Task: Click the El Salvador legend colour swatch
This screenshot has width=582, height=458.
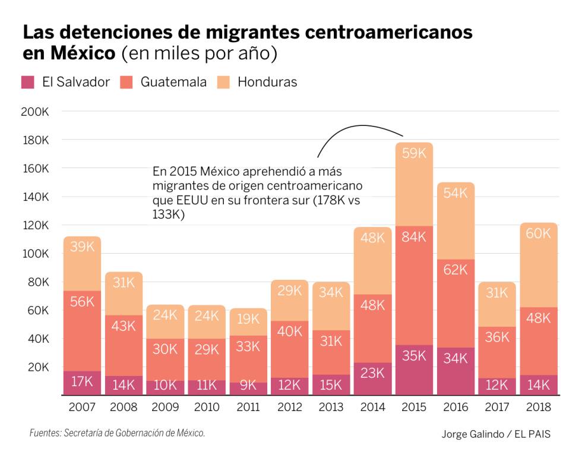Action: click(x=28, y=83)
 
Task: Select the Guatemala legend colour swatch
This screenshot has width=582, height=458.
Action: click(x=126, y=83)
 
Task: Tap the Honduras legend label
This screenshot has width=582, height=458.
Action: click(x=267, y=83)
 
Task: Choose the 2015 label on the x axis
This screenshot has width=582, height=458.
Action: click(x=414, y=408)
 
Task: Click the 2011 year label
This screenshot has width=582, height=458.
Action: click(x=248, y=408)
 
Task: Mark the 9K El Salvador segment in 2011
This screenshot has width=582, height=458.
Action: click(x=248, y=388)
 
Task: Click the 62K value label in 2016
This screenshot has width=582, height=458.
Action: click(x=456, y=270)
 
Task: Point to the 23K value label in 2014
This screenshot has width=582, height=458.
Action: click(x=372, y=373)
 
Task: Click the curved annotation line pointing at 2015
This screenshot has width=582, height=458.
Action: click(x=356, y=127)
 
